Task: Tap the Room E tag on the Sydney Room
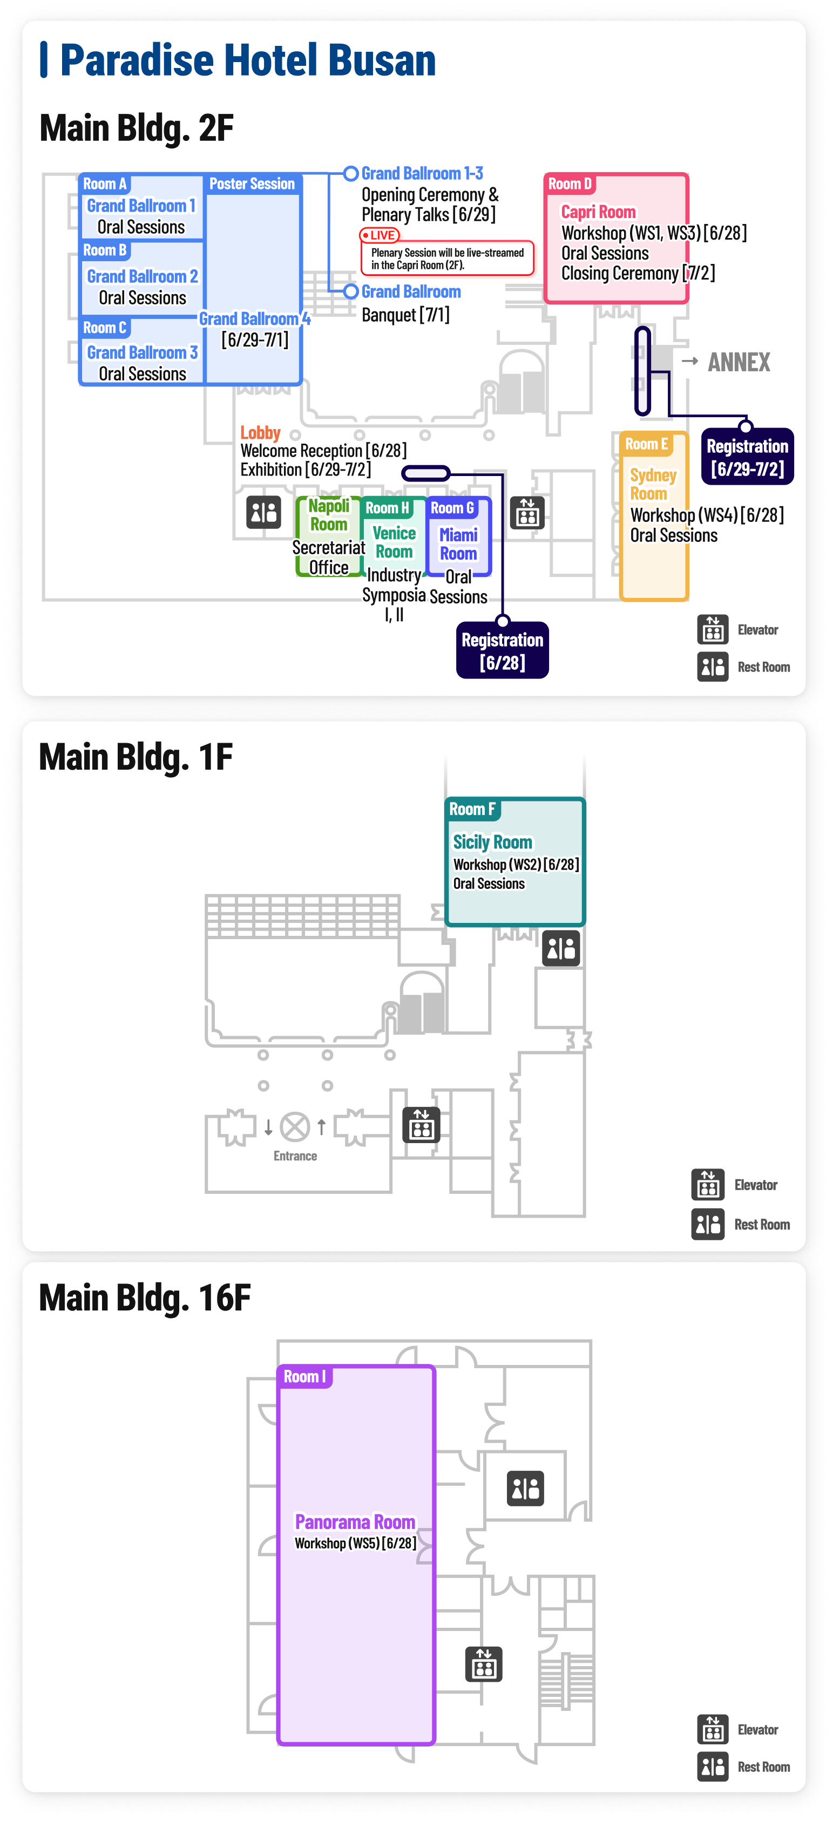646,444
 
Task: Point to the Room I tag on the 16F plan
305,1376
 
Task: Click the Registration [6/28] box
502,651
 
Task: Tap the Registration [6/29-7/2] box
748,457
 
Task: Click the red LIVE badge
380,235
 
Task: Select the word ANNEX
739,362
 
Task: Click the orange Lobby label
260,433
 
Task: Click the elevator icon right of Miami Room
527,513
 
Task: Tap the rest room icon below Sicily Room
561,948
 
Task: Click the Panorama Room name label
355,1521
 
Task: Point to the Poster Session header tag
252,184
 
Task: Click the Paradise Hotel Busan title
247,59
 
